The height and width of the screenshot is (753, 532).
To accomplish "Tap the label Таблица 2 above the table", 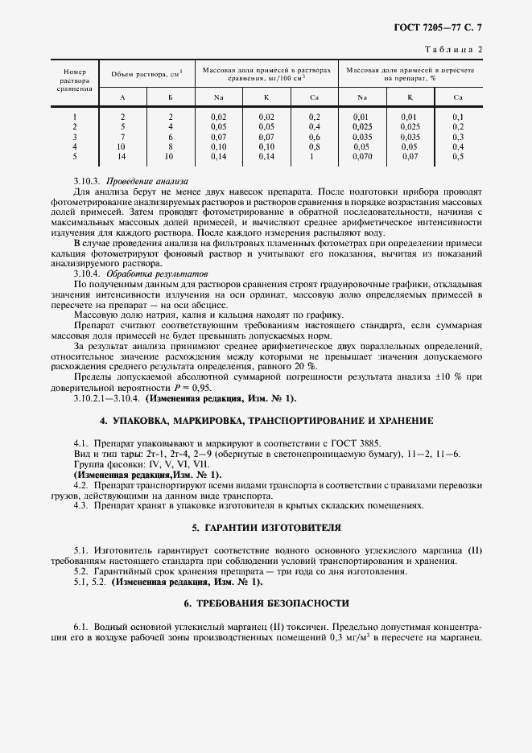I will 458,49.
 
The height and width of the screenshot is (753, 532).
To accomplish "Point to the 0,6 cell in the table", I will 315,136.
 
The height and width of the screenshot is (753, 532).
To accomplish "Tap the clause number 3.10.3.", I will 86,181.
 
